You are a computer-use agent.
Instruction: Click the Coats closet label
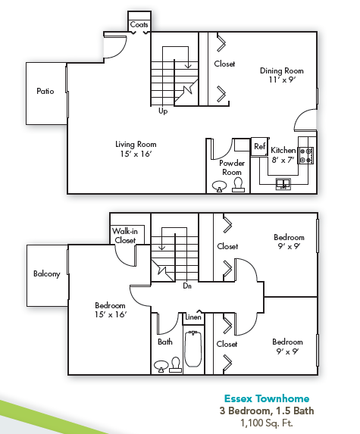click(x=139, y=25)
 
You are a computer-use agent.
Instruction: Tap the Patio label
click(x=45, y=92)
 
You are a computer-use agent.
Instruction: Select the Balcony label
click(x=46, y=273)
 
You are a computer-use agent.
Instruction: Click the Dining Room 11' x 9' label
click(x=276, y=74)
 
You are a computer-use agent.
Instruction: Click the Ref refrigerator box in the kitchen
click(x=259, y=146)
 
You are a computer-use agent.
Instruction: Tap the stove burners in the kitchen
click(x=306, y=155)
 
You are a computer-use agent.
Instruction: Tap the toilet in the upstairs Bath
click(x=176, y=367)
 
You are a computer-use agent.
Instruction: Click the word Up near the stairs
click(x=162, y=111)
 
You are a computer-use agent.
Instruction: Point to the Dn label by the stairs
click(x=186, y=286)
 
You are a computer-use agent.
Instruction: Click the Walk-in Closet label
click(x=125, y=236)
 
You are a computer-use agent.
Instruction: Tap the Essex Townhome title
click(x=266, y=399)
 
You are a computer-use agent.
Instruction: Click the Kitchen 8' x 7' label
click(x=283, y=155)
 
